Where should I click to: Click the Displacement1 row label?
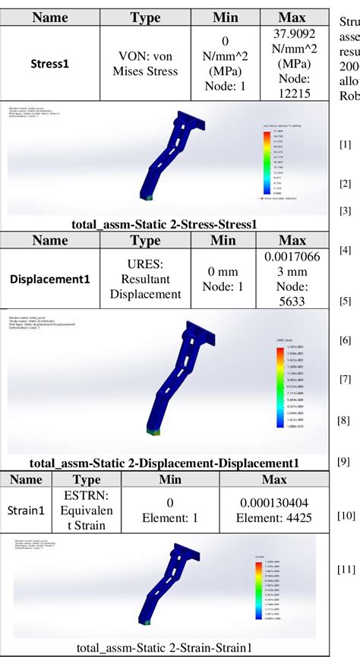pos(50,279)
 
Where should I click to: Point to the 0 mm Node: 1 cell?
pos(223,279)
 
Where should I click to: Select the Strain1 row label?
pos(25,511)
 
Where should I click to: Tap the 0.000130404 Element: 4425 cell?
pos(273,510)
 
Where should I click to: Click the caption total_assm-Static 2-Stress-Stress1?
pos(164,224)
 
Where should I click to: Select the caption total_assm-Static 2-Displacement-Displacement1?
pos(164,463)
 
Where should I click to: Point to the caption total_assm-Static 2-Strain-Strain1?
pos(164,647)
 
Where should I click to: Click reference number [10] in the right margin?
pos(346,516)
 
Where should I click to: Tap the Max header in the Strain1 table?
pos(273,479)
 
